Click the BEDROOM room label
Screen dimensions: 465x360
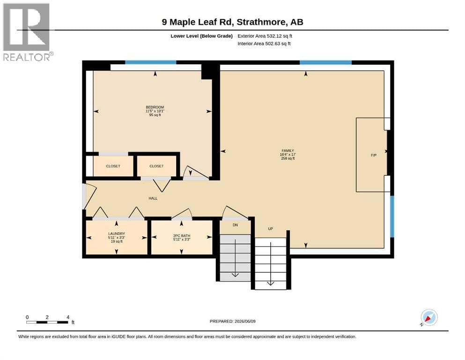(155, 107)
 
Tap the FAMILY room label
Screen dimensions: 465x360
(288, 151)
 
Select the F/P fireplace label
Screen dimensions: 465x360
(374, 155)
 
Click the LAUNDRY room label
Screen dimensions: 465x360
(117, 233)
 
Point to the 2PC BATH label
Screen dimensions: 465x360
(182, 236)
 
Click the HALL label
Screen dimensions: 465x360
(153, 198)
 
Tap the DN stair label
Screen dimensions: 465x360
(235, 225)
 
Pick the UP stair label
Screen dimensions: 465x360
(271, 229)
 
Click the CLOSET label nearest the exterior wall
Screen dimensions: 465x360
(113, 166)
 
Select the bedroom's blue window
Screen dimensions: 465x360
(151, 62)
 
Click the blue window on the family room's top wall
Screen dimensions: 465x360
(325, 62)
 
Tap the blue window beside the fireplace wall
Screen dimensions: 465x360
(392, 217)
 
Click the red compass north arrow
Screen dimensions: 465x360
(428, 319)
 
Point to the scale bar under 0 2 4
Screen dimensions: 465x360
(47, 322)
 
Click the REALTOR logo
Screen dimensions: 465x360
(27, 32)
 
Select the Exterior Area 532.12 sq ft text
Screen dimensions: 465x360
(265, 36)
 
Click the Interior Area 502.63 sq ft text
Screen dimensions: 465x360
(264, 44)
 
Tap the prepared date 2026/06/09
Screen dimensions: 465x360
(245, 321)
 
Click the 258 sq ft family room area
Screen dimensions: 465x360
(288, 158)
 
